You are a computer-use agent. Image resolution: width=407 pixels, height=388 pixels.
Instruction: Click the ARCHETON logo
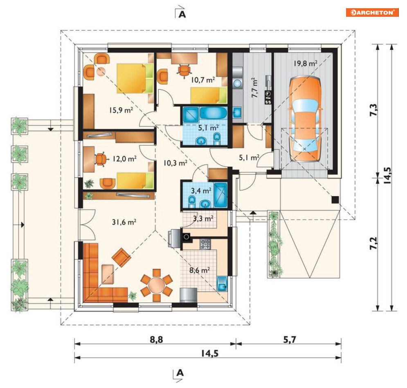pyautogui.click(x=372, y=12)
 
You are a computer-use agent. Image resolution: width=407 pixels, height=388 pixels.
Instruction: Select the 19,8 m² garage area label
pyautogui.click(x=306, y=63)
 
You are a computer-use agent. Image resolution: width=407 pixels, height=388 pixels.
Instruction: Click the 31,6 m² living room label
pyautogui.click(x=124, y=222)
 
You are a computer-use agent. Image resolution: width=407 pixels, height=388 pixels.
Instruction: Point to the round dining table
pyautogui.click(x=157, y=285)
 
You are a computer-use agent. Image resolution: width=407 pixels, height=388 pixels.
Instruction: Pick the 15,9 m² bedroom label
pyautogui.click(x=121, y=110)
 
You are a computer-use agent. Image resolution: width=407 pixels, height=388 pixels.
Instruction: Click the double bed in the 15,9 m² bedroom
pyautogui.click(x=135, y=78)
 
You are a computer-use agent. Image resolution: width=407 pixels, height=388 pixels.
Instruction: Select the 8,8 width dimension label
pyautogui.click(x=157, y=339)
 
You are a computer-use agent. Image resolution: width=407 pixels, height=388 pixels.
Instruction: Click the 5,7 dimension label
pyautogui.click(x=290, y=339)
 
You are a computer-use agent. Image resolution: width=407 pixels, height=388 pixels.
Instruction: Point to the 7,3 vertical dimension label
pyautogui.click(x=373, y=110)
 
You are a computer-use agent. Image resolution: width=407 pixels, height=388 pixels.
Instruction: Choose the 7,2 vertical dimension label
pyautogui.click(x=373, y=244)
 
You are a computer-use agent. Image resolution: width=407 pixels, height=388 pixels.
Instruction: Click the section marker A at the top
pyautogui.click(x=182, y=14)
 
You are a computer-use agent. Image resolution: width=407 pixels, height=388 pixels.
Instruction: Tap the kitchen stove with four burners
pyautogui.click(x=205, y=244)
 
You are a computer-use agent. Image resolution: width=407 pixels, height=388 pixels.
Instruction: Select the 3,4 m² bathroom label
pyautogui.click(x=201, y=191)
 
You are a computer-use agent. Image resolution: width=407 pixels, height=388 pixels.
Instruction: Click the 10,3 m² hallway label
pyautogui.click(x=175, y=163)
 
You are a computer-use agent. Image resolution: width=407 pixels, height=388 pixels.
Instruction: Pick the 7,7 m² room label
pyautogui.click(x=255, y=88)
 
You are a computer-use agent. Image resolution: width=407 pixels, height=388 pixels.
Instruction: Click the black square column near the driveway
pyautogui.click(x=335, y=200)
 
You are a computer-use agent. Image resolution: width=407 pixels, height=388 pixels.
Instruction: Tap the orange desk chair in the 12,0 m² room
pyautogui.click(x=101, y=159)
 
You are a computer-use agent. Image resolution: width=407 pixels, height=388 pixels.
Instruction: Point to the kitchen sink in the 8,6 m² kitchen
pyautogui.click(x=222, y=283)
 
